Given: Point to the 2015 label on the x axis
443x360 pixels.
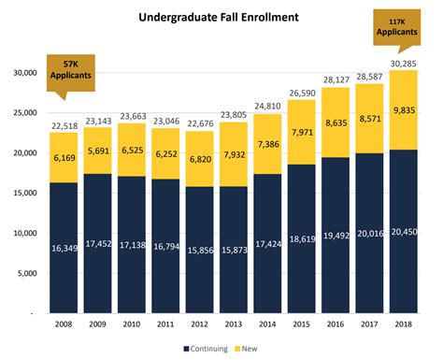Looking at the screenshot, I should pyautogui.click(x=302, y=325).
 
